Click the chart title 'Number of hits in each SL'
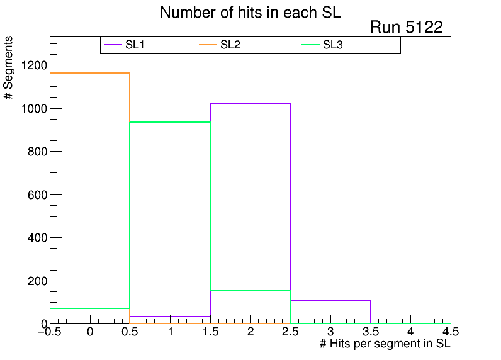[x=250, y=13]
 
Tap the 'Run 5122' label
[x=406, y=27]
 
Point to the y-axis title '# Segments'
[x=9, y=68]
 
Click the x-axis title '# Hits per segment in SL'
[x=385, y=344]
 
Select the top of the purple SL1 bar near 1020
[x=250, y=103]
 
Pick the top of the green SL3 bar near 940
[x=170, y=122]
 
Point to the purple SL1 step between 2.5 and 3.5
[x=330, y=301]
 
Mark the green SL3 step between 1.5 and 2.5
[x=250, y=291]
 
